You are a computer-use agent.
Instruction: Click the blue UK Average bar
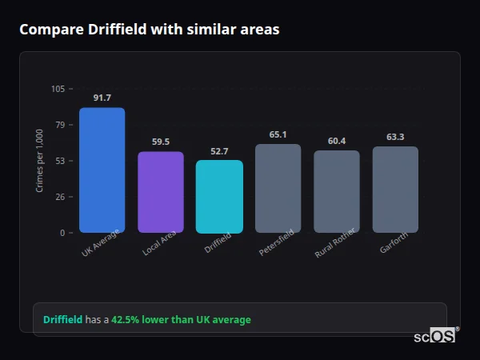pyautogui.click(x=102, y=170)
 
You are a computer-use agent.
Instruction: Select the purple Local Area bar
pyautogui.click(x=161, y=192)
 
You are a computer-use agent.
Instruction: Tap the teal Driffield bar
pyautogui.click(x=219, y=197)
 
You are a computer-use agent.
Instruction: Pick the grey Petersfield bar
pyautogui.click(x=278, y=188)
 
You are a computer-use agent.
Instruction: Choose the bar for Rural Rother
pyautogui.click(x=337, y=191)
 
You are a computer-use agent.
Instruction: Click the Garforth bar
pyautogui.click(x=395, y=190)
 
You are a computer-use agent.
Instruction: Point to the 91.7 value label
pyautogui.click(x=102, y=98)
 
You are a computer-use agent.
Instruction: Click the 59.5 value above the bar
pyautogui.click(x=161, y=142)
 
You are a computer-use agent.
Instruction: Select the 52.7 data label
pyautogui.click(x=219, y=151)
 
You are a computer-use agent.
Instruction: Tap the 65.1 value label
pyautogui.click(x=278, y=134)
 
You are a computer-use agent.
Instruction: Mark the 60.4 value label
pyautogui.click(x=337, y=141)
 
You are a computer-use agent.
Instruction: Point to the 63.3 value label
pyautogui.click(x=395, y=137)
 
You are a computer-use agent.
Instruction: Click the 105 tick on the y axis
pyautogui.click(x=58, y=89)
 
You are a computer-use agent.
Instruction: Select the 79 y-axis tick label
pyautogui.click(x=60, y=125)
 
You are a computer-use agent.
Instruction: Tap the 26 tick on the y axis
pyautogui.click(x=60, y=197)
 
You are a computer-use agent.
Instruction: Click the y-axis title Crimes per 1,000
pyautogui.click(x=39, y=161)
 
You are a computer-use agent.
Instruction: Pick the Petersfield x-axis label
pyautogui.click(x=276, y=242)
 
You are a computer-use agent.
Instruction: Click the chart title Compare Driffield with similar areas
pyautogui.click(x=150, y=30)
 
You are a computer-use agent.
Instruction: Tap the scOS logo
pyautogui.click(x=434, y=337)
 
